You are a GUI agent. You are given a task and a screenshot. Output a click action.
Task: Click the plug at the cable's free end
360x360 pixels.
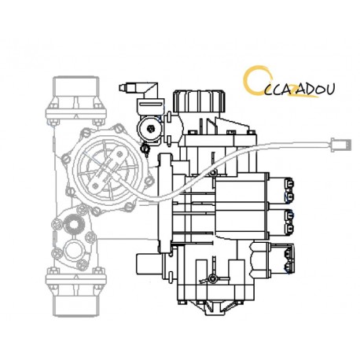[341, 145]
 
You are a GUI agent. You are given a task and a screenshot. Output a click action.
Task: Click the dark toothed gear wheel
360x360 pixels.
[76, 224]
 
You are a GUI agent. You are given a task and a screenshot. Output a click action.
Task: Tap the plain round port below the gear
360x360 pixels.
[73, 251]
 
